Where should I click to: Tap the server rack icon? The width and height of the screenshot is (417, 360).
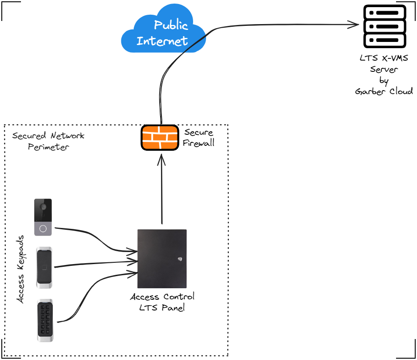(384, 26)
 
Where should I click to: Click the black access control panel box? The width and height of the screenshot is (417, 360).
(162, 259)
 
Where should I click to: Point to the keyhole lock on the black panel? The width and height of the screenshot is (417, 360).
(180, 257)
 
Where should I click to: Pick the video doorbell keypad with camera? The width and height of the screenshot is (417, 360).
(43, 217)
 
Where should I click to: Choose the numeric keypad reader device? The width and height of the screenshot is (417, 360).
(45, 320)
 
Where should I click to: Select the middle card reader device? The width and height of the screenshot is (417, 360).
(44, 268)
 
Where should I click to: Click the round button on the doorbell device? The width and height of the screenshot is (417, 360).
(43, 229)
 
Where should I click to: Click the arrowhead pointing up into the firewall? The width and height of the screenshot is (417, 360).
(161, 158)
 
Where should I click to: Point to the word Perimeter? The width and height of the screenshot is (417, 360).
(49, 147)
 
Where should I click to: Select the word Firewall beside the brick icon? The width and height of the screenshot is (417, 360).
(198, 143)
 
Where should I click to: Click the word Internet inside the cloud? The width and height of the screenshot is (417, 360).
(162, 41)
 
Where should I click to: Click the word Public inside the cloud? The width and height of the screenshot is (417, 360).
(171, 25)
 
